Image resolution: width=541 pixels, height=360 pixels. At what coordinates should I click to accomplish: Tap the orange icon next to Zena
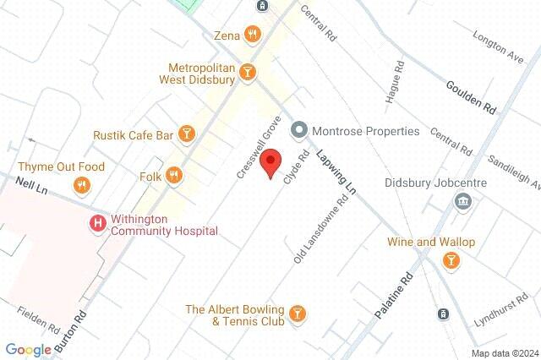[x=252, y=35]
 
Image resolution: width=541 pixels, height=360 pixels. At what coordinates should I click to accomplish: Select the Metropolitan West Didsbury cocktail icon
[x=248, y=73]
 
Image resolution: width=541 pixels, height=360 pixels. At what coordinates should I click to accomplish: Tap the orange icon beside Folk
[x=173, y=176]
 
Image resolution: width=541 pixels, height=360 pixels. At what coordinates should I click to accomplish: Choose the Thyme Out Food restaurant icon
[x=81, y=185]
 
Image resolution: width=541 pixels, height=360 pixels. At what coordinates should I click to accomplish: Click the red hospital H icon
[x=97, y=224]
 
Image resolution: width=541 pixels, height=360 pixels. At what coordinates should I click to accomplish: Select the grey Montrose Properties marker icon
[x=298, y=131]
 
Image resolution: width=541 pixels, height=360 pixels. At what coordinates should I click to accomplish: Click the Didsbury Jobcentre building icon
[x=462, y=201]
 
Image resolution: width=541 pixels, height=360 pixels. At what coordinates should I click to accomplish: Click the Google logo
[x=28, y=350]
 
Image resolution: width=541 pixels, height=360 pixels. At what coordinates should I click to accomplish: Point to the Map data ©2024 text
[x=504, y=352]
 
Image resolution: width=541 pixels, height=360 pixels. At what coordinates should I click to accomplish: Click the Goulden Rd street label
[x=471, y=96]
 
